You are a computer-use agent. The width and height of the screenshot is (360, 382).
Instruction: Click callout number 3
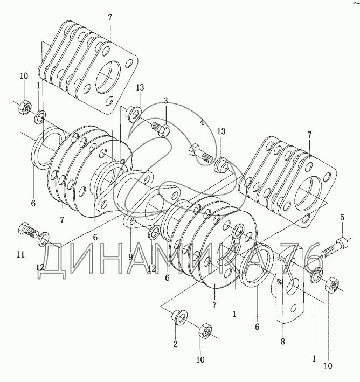pos(166,101)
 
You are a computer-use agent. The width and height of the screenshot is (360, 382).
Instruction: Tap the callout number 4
pos(202,122)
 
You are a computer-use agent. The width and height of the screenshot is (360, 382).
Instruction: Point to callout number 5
pos(342,217)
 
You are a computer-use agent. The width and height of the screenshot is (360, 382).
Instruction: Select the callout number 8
pos(282,342)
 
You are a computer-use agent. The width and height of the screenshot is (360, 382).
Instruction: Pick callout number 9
pos(130,256)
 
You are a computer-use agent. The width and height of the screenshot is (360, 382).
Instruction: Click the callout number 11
pos(20,255)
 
